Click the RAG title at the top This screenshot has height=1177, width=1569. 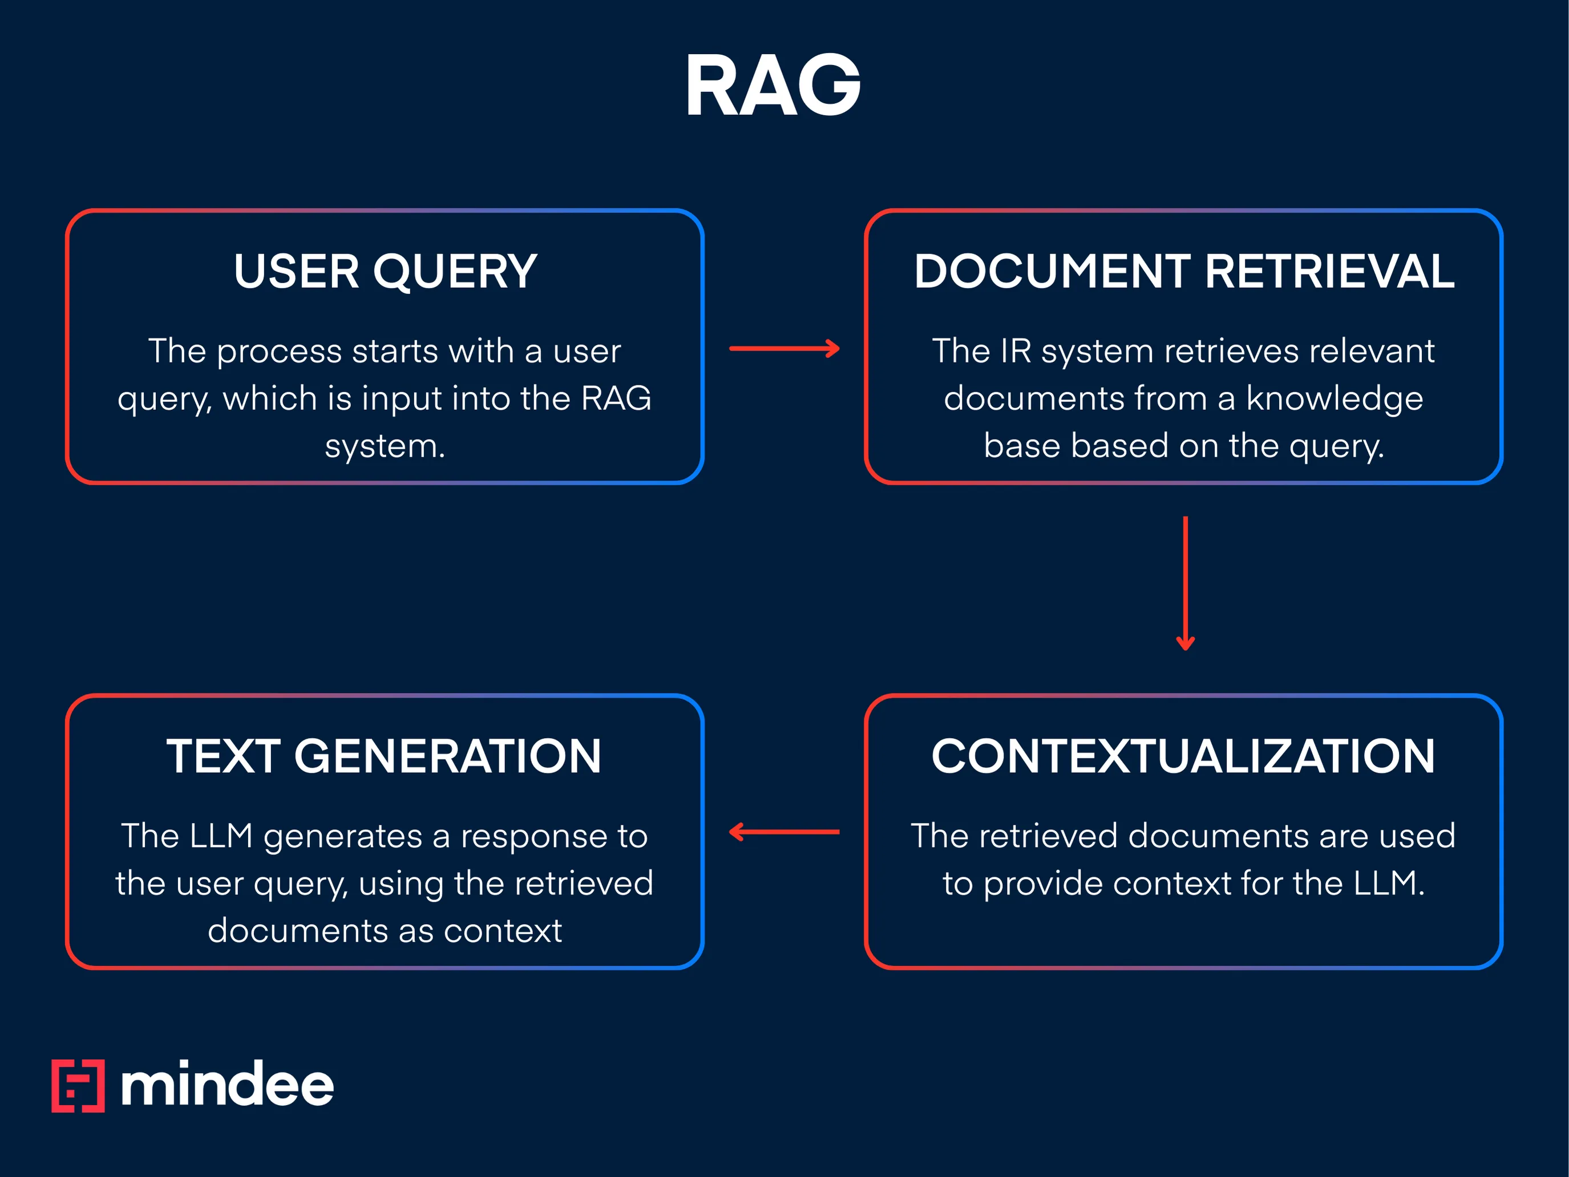pyautogui.click(x=773, y=85)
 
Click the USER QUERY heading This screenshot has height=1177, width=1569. pyautogui.click(x=385, y=272)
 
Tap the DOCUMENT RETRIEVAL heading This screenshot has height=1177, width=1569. pyautogui.click(x=1184, y=272)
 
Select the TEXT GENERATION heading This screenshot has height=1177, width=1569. pyautogui.click(x=384, y=756)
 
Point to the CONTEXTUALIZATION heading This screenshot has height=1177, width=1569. pyautogui.click(x=1183, y=756)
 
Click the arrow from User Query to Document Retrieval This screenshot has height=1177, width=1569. pyautogui.click(x=784, y=348)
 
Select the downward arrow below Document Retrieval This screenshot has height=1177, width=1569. pyautogui.click(x=1185, y=582)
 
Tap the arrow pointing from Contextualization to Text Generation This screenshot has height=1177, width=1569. pyautogui.click(x=784, y=832)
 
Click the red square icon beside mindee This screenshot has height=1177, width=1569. pyautogui.click(x=78, y=1086)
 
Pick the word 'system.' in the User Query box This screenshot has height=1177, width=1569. pyautogui.click(x=385, y=446)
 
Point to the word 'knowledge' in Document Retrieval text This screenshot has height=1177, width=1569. pyautogui.click(x=1334, y=399)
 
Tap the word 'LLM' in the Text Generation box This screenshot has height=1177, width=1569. pyautogui.click(x=221, y=836)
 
